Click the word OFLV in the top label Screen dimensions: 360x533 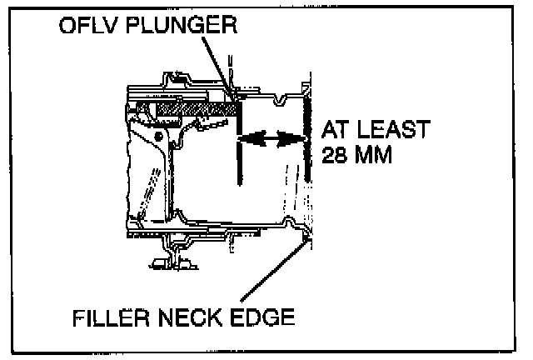pos(86,25)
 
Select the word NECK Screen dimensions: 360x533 pos(198,318)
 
